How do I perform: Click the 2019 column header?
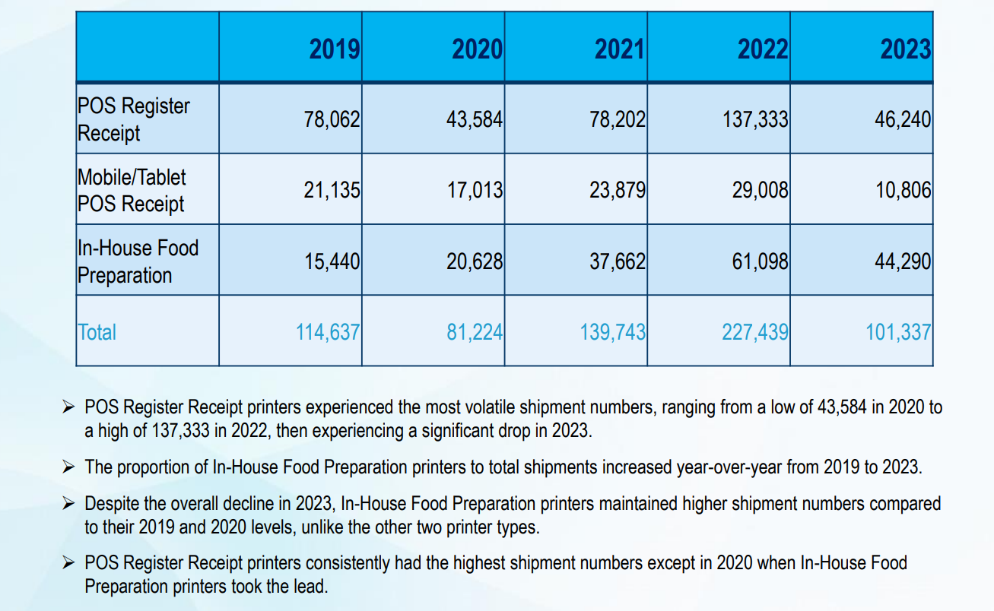(335, 49)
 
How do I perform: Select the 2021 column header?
(620, 49)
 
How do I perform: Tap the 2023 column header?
(905, 49)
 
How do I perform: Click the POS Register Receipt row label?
(134, 119)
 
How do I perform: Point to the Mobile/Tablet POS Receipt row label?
(132, 190)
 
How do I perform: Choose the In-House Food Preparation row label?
(138, 261)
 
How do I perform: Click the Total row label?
(97, 332)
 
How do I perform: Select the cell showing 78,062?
(332, 119)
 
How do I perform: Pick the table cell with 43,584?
(475, 119)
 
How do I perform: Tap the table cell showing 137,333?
(754, 119)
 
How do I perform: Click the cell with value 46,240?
(903, 119)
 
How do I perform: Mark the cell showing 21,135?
(332, 190)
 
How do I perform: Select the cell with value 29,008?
(760, 190)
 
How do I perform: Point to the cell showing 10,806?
(903, 190)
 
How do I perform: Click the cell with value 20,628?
(475, 261)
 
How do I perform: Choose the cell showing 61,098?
(760, 261)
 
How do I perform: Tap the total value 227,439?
(754, 332)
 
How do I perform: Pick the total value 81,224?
(475, 332)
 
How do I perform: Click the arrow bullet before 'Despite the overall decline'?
(69, 503)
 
